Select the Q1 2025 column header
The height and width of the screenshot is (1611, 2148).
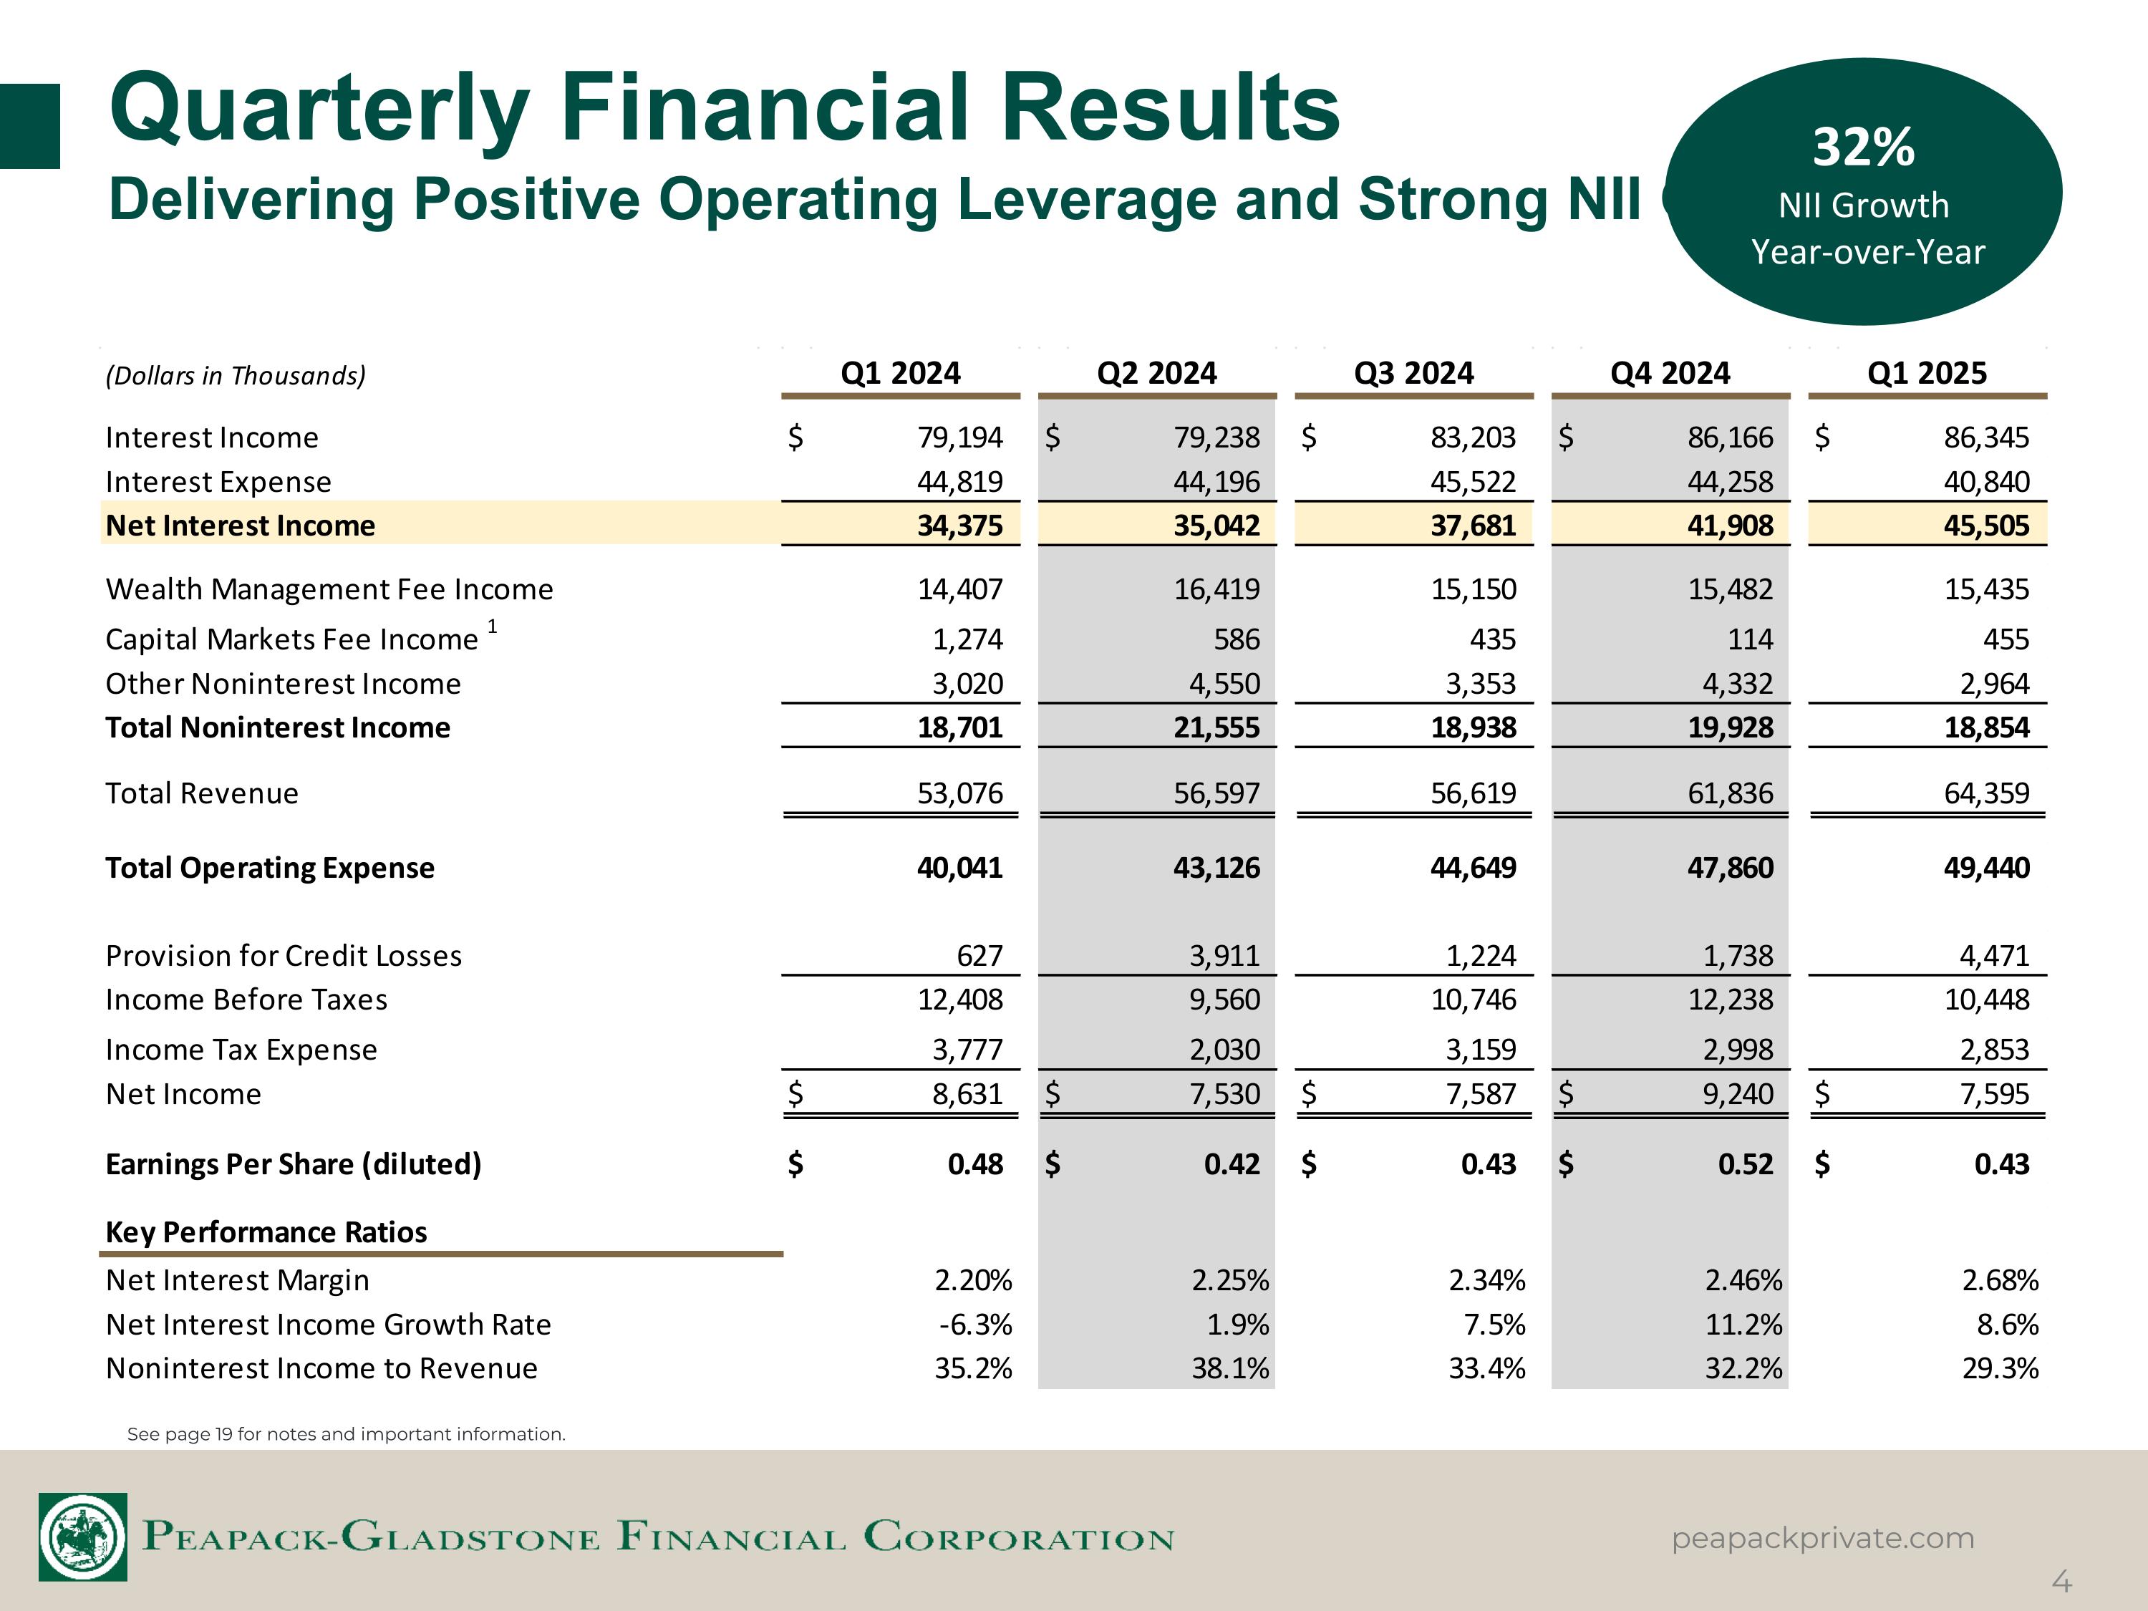[x=1927, y=373]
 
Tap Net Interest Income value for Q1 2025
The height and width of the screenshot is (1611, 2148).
[x=1986, y=526]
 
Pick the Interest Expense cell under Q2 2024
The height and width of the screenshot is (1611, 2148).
[x=1216, y=482]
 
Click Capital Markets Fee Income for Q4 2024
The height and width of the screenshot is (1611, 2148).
[x=1750, y=639]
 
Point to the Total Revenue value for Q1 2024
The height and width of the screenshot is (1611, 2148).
[x=959, y=793]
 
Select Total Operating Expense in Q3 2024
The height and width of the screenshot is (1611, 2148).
[x=1472, y=867]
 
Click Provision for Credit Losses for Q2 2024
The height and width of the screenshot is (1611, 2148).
[x=1224, y=956]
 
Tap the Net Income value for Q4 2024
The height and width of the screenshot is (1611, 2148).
[x=1737, y=1094]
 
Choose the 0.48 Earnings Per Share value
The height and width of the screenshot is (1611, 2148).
[x=975, y=1163]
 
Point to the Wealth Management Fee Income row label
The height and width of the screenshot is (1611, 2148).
[x=329, y=589]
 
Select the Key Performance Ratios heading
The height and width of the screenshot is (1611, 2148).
[x=266, y=1232]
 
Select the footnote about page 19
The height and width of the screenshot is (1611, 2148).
[x=346, y=1434]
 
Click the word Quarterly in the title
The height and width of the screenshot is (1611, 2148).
[x=321, y=109]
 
